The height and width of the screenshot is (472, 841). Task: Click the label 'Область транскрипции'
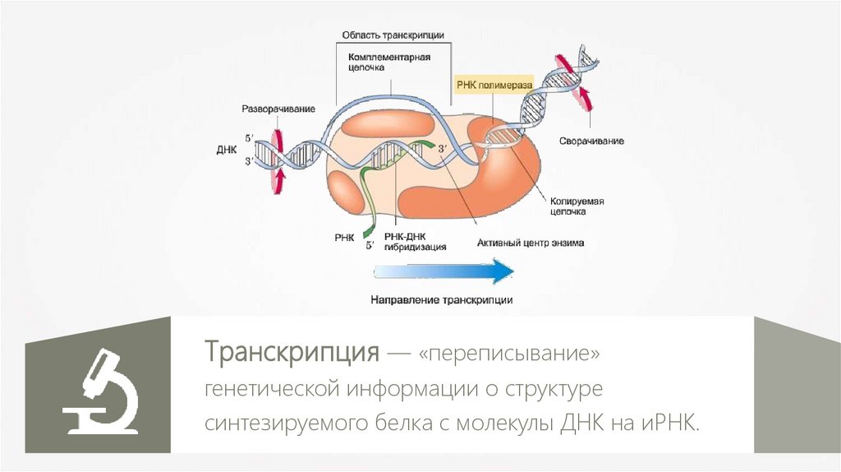[x=393, y=35]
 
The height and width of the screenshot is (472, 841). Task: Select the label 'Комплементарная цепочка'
[x=389, y=63]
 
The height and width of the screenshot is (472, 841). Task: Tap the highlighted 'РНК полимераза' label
[x=494, y=85]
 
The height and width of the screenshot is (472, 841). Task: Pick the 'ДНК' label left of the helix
[x=226, y=151]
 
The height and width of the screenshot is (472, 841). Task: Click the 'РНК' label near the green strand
[x=345, y=237]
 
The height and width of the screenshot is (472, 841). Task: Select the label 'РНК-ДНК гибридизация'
[x=421, y=241]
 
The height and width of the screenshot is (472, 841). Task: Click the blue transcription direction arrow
[x=443, y=271]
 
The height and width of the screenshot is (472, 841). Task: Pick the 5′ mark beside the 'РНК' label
[x=370, y=244]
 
